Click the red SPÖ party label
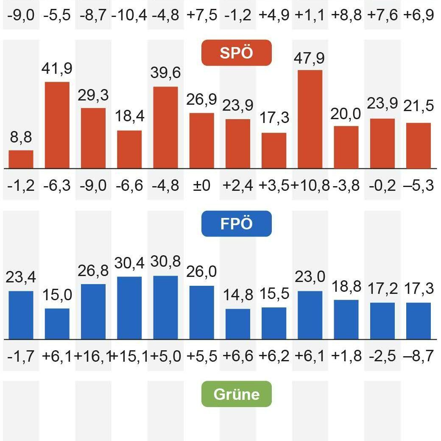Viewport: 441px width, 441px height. [236, 53]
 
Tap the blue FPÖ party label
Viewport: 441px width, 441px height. [236, 223]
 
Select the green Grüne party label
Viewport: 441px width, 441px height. [236, 394]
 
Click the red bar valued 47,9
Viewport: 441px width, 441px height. [310, 120]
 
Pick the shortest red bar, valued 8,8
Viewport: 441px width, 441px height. [21, 159]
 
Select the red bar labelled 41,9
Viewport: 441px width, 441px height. [57, 125]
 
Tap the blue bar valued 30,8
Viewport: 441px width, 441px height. [165, 307]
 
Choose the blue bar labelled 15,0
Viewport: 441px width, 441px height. [57, 324]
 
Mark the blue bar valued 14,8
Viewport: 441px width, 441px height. [238, 324]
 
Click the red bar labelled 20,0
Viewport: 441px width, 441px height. [346, 147]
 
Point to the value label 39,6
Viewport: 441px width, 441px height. [165, 73]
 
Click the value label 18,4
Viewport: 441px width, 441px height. [129, 116]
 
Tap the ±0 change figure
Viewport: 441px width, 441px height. [201, 185]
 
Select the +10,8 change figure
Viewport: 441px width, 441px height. [310, 185]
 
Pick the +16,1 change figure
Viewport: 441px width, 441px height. [92, 356]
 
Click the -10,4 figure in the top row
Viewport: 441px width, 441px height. [129, 15]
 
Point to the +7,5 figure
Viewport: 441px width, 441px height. [201, 15]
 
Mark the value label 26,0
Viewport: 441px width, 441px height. [201, 271]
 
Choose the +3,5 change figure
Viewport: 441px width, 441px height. [274, 185]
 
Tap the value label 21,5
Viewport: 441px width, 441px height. [419, 106]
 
